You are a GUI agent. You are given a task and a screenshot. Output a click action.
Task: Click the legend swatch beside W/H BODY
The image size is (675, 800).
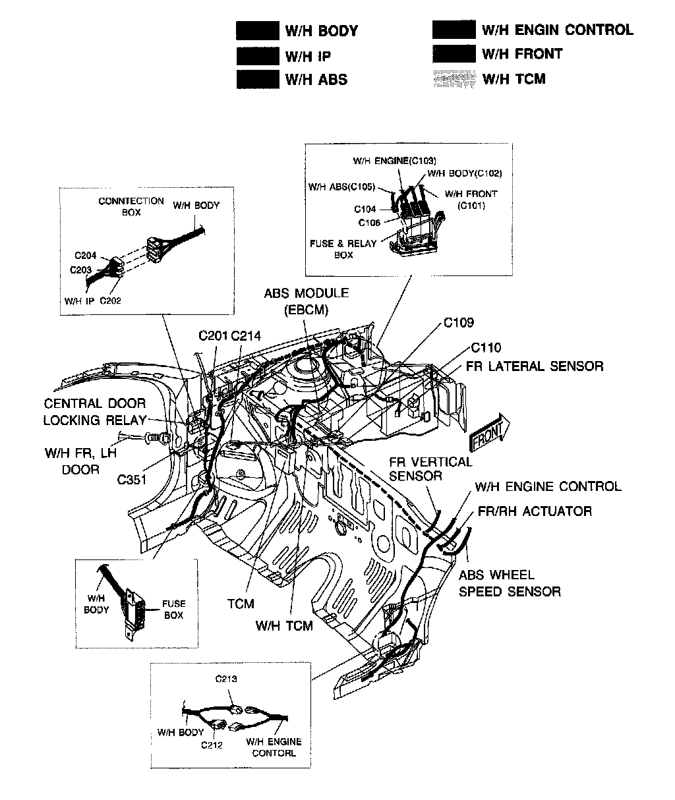point(257,31)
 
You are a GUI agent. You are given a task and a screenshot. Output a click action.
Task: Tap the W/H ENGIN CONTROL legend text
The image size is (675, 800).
point(557,30)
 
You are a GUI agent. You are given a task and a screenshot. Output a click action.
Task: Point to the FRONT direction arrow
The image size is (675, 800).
point(486,432)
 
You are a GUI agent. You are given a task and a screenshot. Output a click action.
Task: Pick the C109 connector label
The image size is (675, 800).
point(458,323)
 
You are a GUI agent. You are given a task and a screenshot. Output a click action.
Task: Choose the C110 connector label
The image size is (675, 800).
point(485,348)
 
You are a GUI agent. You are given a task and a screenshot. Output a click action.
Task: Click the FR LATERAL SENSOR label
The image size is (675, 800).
point(535,366)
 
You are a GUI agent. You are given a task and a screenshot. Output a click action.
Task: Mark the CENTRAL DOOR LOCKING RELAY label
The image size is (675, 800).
point(94,412)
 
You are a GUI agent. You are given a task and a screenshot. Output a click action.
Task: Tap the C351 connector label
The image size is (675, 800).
point(132,480)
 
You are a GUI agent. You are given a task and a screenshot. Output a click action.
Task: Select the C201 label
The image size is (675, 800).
point(213,336)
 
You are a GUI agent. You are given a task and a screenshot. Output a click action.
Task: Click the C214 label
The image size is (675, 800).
point(246,336)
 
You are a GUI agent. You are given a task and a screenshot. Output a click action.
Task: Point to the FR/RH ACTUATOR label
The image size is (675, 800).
point(535,511)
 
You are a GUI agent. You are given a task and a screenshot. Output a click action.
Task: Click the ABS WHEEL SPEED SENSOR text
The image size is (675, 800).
point(510,583)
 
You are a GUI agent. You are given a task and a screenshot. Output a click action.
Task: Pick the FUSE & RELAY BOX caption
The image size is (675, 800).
point(343,249)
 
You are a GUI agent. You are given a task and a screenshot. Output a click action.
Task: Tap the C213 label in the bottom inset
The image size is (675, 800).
point(226,679)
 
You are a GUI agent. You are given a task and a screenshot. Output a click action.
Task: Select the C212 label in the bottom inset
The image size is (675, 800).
point(212,745)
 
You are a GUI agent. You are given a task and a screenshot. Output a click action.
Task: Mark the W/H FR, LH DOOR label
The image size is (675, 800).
point(80,461)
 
